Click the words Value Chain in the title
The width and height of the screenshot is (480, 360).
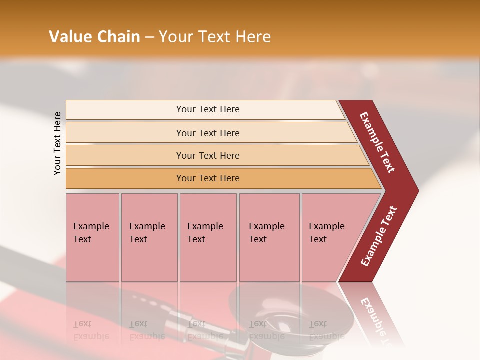click(x=94, y=37)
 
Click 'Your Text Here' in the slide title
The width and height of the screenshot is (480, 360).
click(x=215, y=37)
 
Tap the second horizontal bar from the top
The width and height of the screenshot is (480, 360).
click(x=208, y=133)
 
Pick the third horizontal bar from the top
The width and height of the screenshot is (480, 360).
click(x=208, y=155)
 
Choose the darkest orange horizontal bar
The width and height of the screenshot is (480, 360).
click(x=208, y=178)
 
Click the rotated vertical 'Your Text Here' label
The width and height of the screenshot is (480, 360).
click(x=57, y=143)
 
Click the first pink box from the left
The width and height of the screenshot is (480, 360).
click(x=92, y=237)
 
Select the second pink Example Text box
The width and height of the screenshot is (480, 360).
click(x=149, y=237)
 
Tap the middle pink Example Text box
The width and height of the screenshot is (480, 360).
click(x=208, y=237)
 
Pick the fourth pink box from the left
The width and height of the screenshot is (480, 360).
click(x=269, y=237)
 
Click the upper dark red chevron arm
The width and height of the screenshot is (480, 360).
click(x=378, y=142)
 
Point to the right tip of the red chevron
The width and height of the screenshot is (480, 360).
click(x=418, y=190)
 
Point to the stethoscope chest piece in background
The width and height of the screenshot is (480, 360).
click(x=280, y=320)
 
